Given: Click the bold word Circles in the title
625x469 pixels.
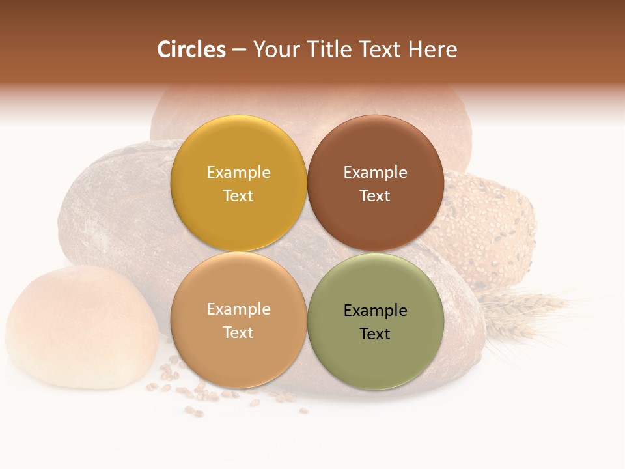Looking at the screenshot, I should coord(191,50).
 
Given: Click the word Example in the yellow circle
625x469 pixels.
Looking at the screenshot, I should coord(238,173).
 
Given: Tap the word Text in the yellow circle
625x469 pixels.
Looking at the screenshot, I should coord(238,196).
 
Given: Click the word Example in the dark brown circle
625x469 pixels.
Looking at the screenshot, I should coord(376,173).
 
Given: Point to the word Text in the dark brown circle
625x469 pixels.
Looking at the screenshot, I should coord(376,196).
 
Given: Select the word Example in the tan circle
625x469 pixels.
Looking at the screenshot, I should coord(238,309).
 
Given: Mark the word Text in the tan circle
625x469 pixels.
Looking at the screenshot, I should coord(238,333).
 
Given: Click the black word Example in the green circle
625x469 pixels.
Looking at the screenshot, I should coord(376,311).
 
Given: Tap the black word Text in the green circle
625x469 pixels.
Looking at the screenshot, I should coord(376,334).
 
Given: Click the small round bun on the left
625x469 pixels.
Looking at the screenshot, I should coord(81,326).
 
